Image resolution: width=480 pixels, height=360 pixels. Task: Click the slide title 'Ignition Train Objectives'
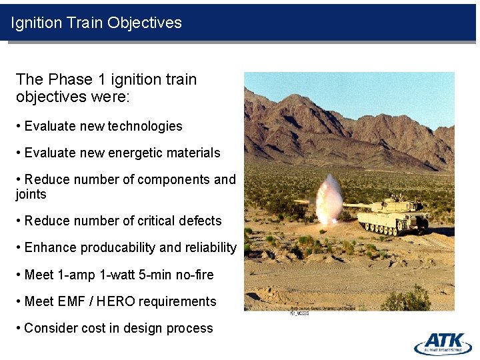tap(96, 23)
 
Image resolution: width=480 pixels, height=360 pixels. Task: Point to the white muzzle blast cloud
tap(327, 201)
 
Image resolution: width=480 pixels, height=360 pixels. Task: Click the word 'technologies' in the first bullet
tap(145, 126)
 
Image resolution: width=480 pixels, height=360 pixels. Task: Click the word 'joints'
tap(31, 194)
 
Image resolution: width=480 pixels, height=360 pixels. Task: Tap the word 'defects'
tap(198, 221)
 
